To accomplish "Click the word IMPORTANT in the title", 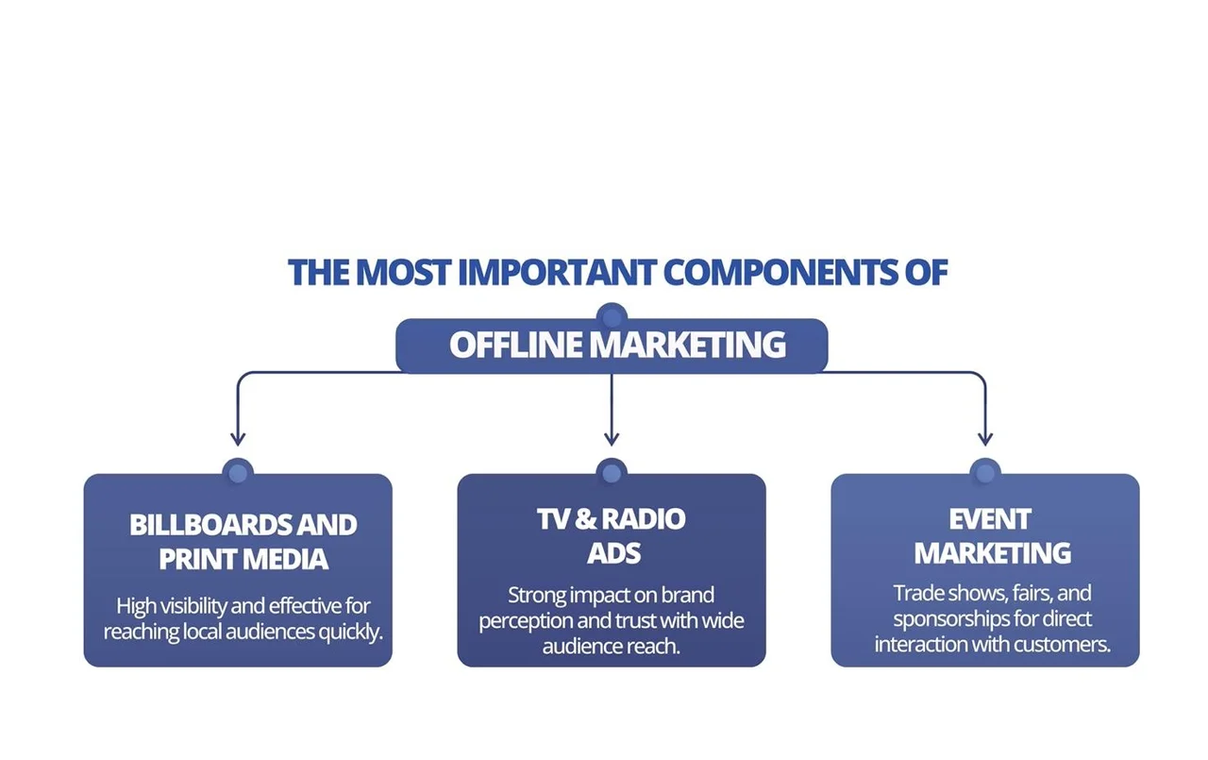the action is point(557,273).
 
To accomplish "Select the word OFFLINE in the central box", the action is point(515,345).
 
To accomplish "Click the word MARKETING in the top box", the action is point(687,345).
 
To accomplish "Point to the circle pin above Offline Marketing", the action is point(612,317).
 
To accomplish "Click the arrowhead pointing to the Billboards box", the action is point(238,438).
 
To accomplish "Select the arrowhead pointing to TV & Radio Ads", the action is point(612,438).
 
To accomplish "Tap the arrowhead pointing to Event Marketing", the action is point(985,438).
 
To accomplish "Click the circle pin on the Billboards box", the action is point(238,473).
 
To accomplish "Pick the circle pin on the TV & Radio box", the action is point(612,473).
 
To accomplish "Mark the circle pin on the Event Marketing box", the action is point(985,473).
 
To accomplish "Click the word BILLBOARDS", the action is point(210,525).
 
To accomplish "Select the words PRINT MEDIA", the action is point(243,559).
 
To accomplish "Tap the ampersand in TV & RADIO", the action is point(586,519).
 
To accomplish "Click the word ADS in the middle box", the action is point(613,553).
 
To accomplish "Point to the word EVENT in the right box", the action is point(990,520).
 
